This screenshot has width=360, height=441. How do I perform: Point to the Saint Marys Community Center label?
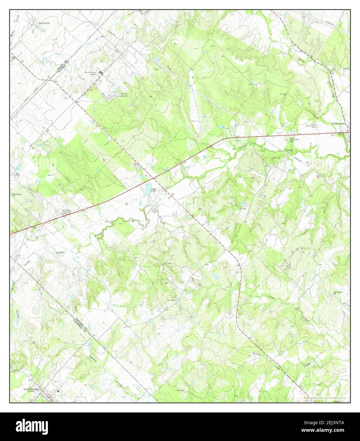point(69,212)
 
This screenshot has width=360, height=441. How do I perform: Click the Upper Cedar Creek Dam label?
point(294,139)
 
